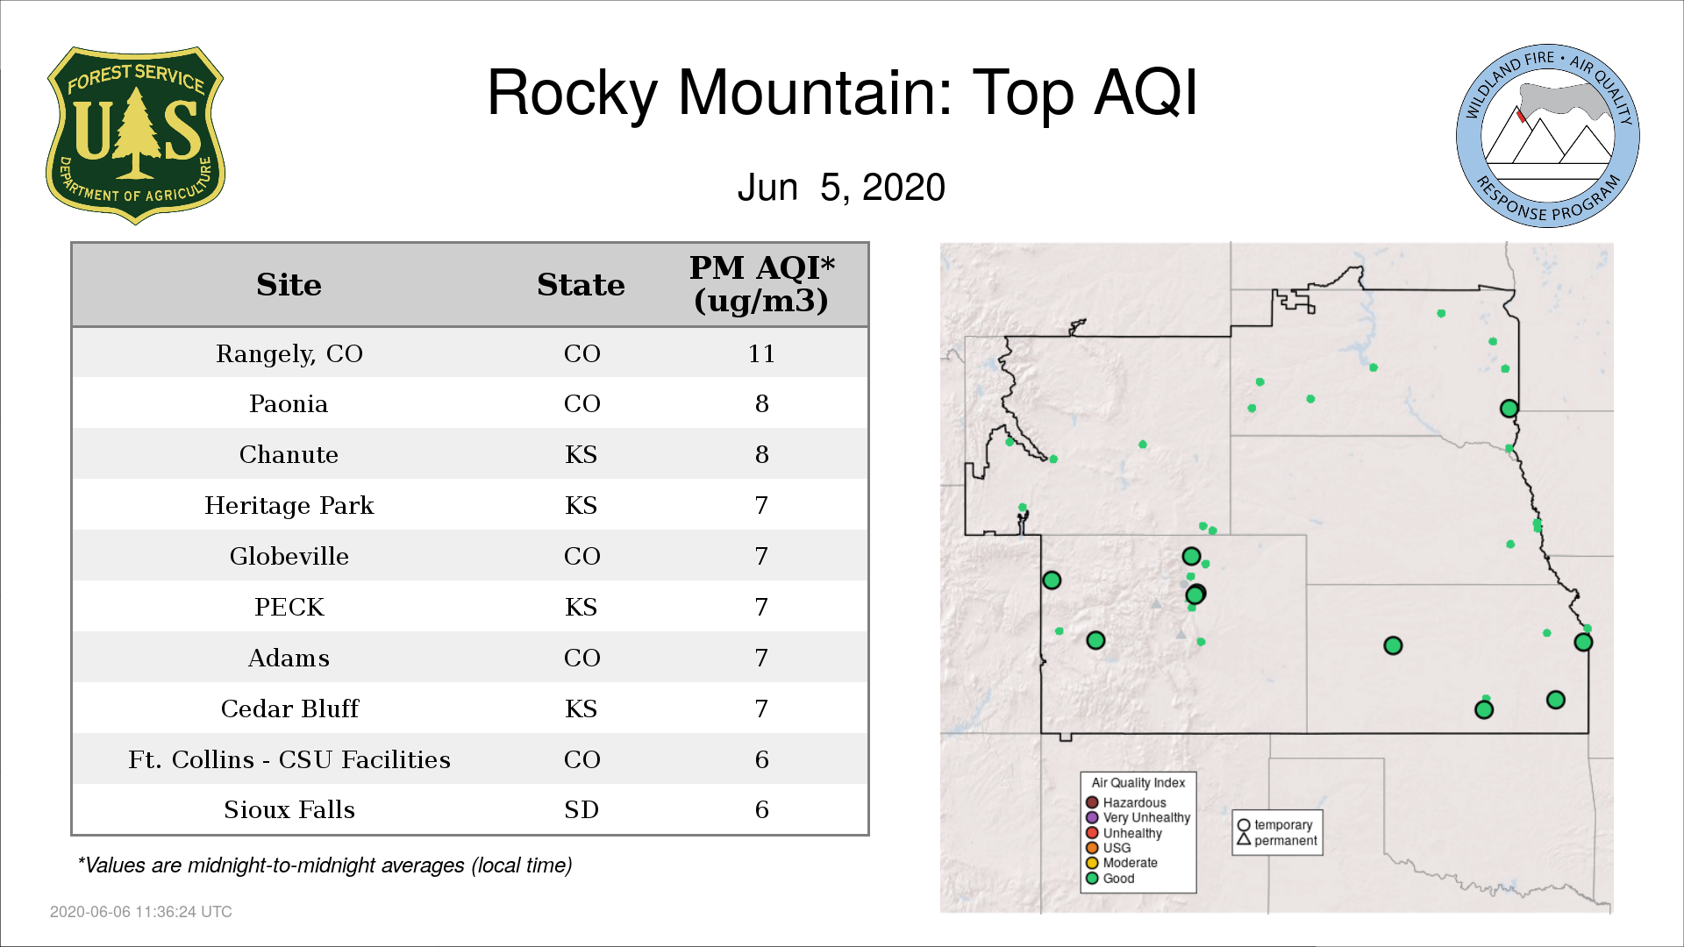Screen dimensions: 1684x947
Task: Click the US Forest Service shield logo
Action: (x=135, y=136)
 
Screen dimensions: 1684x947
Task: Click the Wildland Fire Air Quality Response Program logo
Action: (x=1548, y=136)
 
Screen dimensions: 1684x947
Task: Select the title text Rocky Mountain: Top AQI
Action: (x=842, y=92)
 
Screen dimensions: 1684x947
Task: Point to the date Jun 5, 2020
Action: (x=841, y=187)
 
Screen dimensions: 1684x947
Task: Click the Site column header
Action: (x=289, y=285)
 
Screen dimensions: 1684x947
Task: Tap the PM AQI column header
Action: (x=761, y=284)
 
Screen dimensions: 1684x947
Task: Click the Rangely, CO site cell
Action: (x=289, y=353)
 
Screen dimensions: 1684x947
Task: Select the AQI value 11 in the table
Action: (x=761, y=353)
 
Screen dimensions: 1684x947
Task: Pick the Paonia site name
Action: (x=289, y=404)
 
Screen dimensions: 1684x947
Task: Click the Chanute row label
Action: (x=289, y=455)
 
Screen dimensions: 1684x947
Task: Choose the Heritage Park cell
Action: (x=289, y=506)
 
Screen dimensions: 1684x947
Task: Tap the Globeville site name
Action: (x=289, y=557)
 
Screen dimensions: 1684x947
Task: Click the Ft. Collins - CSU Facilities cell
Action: (x=289, y=759)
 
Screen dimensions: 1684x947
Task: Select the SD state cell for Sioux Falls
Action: (x=582, y=810)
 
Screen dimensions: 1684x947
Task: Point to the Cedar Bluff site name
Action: (x=289, y=708)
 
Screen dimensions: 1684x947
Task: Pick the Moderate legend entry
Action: (x=1122, y=863)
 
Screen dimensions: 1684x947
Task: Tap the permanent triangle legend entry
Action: (x=1277, y=840)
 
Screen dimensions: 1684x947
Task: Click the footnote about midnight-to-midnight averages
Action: (x=325, y=865)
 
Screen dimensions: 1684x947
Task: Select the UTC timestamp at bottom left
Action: (x=141, y=912)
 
